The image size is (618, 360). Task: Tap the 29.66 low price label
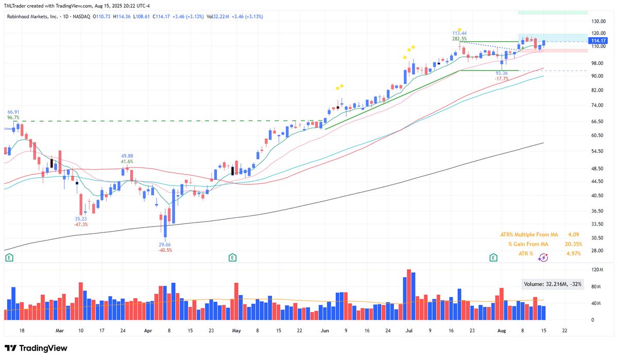[x=165, y=244]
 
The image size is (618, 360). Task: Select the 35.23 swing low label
[x=81, y=218]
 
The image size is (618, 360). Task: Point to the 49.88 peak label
[x=127, y=156]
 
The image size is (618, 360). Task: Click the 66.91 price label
[x=13, y=111]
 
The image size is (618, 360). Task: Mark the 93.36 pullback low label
[x=502, y=73]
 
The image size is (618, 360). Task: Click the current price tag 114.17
[x=598, y=41]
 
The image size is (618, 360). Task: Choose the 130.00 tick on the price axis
[x=598, y=22]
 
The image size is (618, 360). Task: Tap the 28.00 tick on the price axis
[x=597, y=251]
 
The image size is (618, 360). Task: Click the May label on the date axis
[x=236, y=330]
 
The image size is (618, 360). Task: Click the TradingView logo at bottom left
[x=36, y=348]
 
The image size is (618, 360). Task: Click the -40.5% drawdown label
[x=165, y=250]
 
